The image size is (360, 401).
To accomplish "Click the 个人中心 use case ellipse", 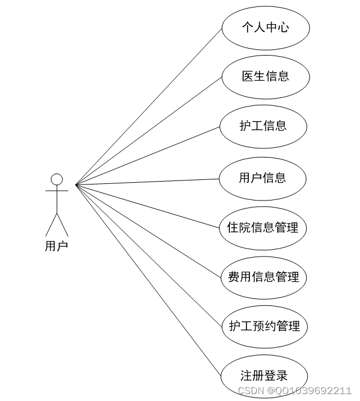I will pyautogui.click(x=265, y=27).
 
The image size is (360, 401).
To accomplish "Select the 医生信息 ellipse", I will pyautogui.click(x=265, y=76).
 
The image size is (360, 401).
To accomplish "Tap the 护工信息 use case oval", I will pyautogui.click(x=263, y=126).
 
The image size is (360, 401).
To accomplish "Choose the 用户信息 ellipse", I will pyautogui.click(x=263, y=178).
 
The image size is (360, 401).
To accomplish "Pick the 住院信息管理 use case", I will pyautogui.click(x=263, y=227).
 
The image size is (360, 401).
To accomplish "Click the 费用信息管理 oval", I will pyautogui.click(x=264, y=277).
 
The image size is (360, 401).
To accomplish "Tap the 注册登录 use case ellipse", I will pyautogui.click(x=264, y=376).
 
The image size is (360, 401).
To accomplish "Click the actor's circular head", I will pyautogui.click(x=56, y=179).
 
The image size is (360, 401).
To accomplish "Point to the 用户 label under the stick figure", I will pyautogui.click(x=56, y=246).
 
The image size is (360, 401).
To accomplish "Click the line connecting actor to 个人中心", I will pyautogui.click(x=149, y=106).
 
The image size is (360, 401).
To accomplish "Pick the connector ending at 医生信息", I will pyautogui.click(x=149, y=130).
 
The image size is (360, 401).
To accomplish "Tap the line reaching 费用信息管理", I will pyautogui.click(x=149, y=230).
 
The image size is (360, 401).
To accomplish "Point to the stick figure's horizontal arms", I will pyautogui.click(x=56, y=190).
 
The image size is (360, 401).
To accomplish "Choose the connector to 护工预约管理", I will pyautogui.click(x=149, y=255).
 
